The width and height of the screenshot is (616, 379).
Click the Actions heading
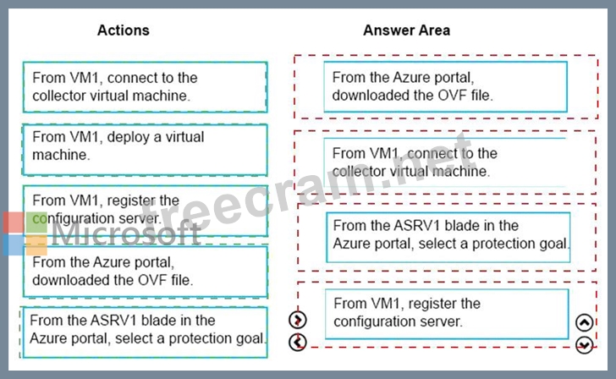pyautogui.click(x=124, y=30)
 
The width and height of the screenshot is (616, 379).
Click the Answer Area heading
pyautogui.click(x=407, y=30)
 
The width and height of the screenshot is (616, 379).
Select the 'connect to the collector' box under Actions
pyautogui.click(x=145, y=87)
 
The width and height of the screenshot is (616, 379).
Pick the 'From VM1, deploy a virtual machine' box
pyautogui.click(x=145, y=150)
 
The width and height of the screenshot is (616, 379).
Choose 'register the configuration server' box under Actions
pyautogui.click(x=145, y=211)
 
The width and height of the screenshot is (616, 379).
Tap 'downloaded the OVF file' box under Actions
pyautogui.click(x=145, y=272)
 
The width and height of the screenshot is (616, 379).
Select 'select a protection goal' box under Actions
pyautogui.click(x=145, y=332)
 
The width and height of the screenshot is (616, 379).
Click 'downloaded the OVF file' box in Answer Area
pyautogui.click(x=445, y=86)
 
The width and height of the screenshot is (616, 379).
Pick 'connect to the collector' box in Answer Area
pyautogui.click(x=445, y=162)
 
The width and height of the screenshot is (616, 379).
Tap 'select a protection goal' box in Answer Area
pyautogui.click(x=448, y=237)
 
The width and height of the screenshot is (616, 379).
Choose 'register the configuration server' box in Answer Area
pyautogui.click(x=447, y=314)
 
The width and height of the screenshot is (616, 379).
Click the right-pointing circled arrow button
pyautogui.click(x=297, y=320)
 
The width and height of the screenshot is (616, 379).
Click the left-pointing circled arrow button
pyautogui.click(x=297, y=342)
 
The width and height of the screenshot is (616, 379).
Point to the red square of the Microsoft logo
pyautogui.click(x=14, y=222)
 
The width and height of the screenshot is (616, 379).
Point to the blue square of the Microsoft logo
pyautogui.click(x=14, y=245)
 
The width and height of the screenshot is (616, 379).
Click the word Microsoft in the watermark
pyautogui.click(x=126, y=233)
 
